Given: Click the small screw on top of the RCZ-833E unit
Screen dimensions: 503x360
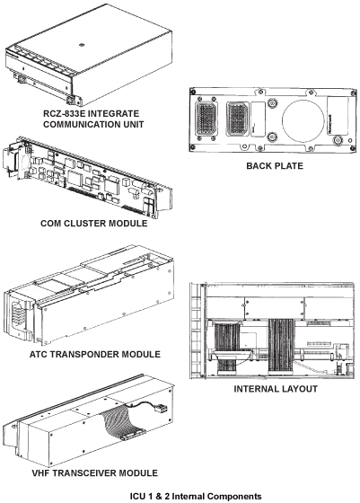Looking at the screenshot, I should tap(82, 41).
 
